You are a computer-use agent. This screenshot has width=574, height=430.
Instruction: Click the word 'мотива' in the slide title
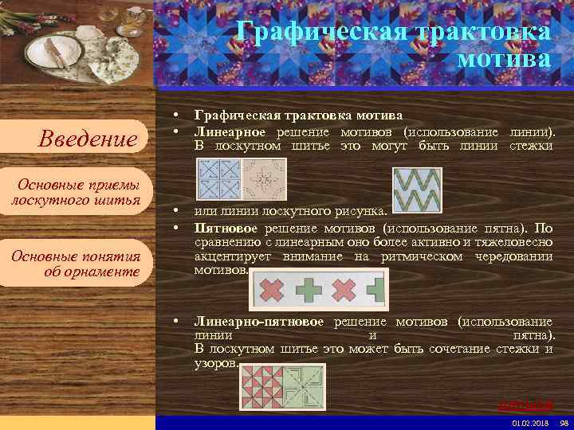coord(505,60)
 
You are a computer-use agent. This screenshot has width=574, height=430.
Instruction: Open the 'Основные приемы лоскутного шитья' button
coord(75,192)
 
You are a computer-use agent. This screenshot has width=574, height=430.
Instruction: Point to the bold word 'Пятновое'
coord(230,228)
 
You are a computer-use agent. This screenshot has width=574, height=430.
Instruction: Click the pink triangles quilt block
coord(261,387)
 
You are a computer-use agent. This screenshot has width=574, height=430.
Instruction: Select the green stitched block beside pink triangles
coord(304,387)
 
